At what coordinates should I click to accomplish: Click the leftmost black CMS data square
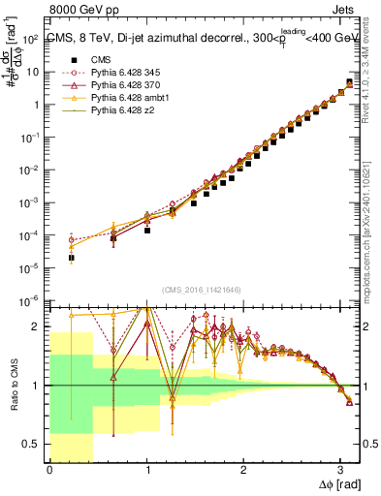[72, 259]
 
